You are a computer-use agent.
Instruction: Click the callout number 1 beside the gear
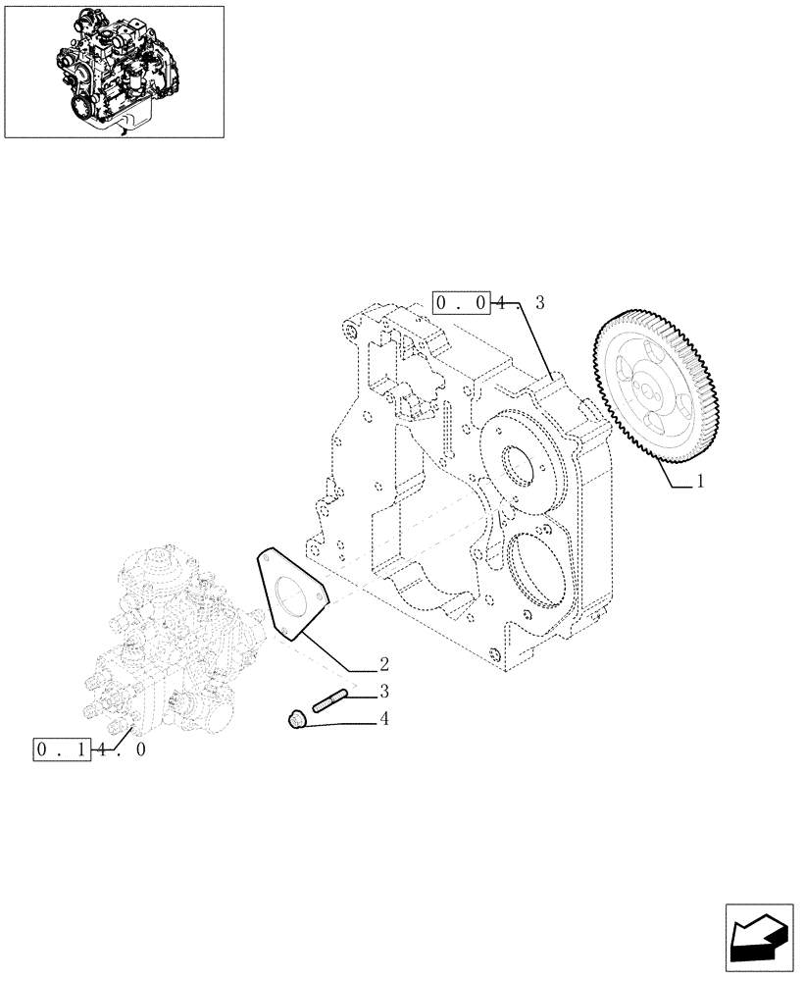[702, 482]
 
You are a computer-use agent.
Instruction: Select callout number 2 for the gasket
[384, 663]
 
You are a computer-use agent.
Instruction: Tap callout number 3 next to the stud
[384, 691]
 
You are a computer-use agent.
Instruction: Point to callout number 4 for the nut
[384, 719]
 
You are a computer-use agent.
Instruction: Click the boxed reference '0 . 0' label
[461, 304]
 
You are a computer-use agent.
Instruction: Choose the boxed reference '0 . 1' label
[62, 750]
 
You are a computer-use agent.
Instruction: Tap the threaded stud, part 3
[326, 701]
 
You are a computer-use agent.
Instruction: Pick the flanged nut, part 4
[297, 721]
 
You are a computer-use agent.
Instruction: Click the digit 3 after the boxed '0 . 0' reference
[538, 304]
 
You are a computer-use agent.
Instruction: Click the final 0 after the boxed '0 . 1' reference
[140, 750]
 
